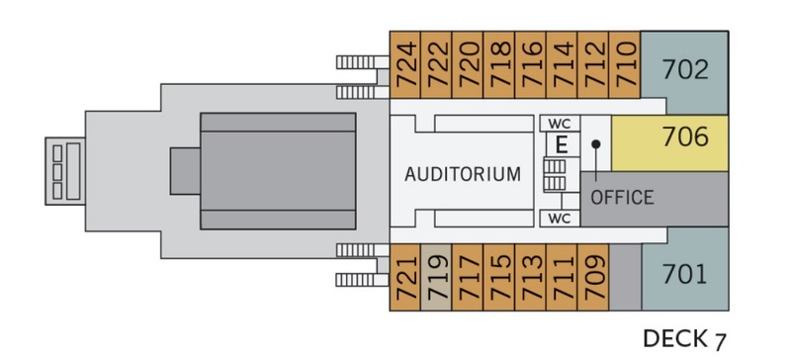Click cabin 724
click(405, 64)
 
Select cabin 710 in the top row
click(625, 64)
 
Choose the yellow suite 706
click(670, 142)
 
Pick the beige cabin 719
click(436, 277)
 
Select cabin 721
click(405, 277)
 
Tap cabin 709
click(593, 277)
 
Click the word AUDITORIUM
click(463, 174)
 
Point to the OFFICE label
click(622, 198)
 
